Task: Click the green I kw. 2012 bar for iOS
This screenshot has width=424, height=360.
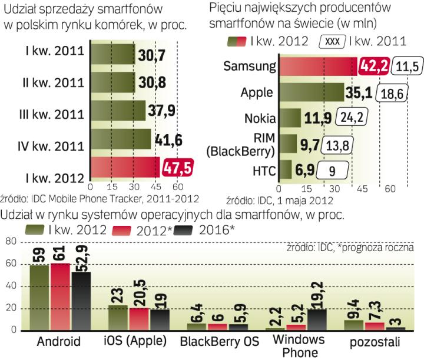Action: pyautogui.click(x=118, y=318)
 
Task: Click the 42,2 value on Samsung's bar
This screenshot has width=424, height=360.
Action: pyautogui.click(x=371, y=66)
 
